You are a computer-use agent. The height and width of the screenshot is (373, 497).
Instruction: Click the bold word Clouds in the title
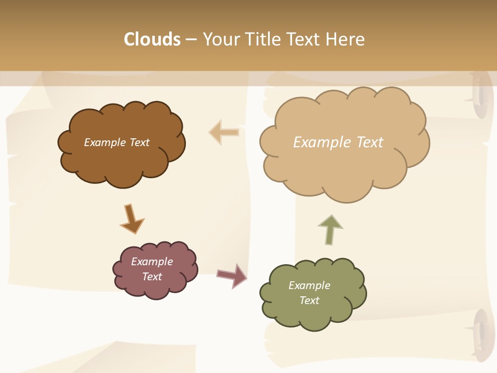point(152,39)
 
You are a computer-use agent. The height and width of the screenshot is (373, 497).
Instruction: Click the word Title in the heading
point(262,39)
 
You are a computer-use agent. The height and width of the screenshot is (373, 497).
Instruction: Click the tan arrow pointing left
point(224,132)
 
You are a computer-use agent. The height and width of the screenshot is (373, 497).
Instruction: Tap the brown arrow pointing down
point(131,219)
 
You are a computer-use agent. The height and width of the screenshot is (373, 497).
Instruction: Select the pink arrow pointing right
point(232,275)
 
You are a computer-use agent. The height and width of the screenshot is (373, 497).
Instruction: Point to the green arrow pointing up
point(330,229)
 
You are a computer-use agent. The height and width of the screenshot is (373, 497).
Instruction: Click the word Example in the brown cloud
point(105,142)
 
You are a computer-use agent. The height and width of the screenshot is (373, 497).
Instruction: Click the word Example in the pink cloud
point(152,262)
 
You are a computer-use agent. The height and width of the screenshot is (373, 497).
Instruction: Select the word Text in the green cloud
point(310,300)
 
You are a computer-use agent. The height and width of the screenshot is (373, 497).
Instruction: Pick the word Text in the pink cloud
point(152,277)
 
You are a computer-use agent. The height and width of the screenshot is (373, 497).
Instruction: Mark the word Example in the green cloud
point(310,285)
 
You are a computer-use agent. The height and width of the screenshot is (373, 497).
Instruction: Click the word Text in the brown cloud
point(139,142)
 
